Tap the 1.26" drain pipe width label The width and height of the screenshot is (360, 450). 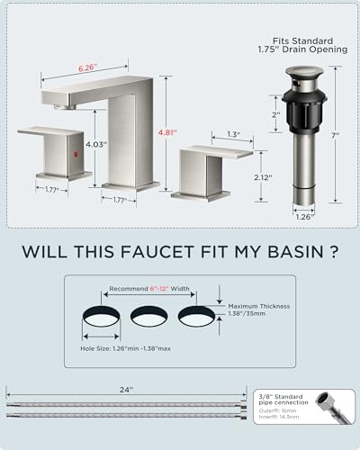tap(305, 215)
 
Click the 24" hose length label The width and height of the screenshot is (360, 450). tap(126, 389)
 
